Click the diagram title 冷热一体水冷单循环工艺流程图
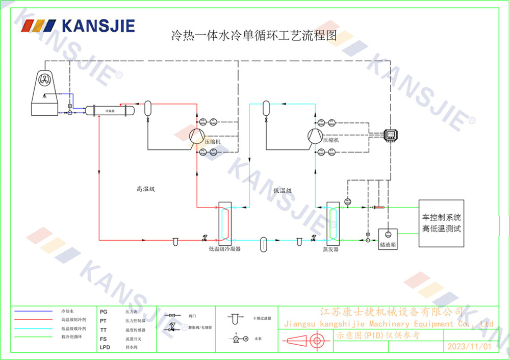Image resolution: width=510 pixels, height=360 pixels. pyautogui.click(x=253, y=36)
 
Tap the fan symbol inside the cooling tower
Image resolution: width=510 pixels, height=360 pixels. pyautogui.click(x=45, y=80)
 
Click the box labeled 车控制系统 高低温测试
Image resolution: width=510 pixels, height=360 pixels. pyautogui.click(x=441, y=223)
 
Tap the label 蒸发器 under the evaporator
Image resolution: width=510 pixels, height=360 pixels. pyautogui.click(x=330, y=249)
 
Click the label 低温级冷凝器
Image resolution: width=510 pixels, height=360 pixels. pyautogui.click(x=224, y=250)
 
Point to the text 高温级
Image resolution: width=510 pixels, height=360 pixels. pyautogui.click(x=145, y=189)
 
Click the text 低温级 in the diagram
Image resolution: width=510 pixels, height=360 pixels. pyautogui.click(x=282, y=190)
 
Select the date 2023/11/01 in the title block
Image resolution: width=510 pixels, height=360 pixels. pyautogui.click(x=469, y=346)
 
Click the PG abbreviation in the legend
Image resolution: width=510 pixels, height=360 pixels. pyautogui.click(x=104, y=311)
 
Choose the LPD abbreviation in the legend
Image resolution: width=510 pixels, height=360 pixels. pyautogui.click(x=105, y=347)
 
